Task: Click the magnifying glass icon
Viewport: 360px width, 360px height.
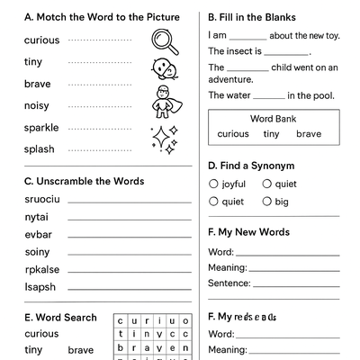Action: pos(163,40)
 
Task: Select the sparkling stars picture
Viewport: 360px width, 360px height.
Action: pos(165,136)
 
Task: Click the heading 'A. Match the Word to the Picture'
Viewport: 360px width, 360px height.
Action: pos(102,17)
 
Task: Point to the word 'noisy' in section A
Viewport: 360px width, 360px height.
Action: pos(38,105)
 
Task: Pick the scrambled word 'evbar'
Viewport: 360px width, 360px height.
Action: pos(37,234)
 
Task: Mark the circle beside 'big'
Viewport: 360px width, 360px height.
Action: pos(267,202)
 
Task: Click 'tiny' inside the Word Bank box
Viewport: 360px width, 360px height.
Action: pos(271,134)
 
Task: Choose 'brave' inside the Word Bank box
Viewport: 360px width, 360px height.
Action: pos(308,134)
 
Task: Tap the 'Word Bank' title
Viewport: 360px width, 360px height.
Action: pos(274,119)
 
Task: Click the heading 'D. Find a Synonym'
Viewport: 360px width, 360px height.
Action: pos(251,166)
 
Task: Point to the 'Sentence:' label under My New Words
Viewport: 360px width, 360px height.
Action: pos(229,283)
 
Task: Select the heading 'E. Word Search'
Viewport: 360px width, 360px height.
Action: pos(60,318)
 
